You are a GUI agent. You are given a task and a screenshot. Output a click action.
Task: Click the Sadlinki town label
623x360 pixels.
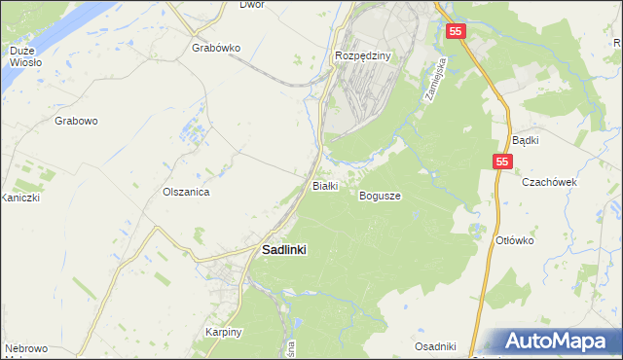[x=284, y=249]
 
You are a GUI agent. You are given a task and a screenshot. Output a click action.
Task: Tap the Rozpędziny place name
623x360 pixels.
[x=362, y=55]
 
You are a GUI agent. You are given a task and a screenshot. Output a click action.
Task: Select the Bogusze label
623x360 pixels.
[x=380, y=196]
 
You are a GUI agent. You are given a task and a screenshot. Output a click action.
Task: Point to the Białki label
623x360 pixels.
[x=323, y=185]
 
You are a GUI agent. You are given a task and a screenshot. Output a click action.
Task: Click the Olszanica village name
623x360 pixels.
[x=187, y=193]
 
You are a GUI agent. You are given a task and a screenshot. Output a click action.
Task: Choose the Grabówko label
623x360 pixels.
[x=216, y=48]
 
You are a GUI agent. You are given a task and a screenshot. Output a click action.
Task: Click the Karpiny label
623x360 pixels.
[x=223, y=332]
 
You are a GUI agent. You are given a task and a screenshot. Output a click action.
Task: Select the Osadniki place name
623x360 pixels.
[x=435, y=346]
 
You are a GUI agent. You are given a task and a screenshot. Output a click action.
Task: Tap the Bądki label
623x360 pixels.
[x=525, y=140]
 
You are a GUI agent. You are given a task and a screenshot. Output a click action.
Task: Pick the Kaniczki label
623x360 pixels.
[x=18, y=198]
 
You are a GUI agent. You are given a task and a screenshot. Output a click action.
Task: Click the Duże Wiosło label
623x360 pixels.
[x=25, y=55]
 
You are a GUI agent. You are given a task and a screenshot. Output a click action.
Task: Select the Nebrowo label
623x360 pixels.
[x=25, y=348]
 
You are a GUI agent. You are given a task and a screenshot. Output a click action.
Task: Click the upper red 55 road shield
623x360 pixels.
[x=458, y=32]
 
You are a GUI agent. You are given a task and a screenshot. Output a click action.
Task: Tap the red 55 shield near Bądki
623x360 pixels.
[x=501, y=162]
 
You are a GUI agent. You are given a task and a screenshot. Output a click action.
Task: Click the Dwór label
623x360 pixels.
[x=252, y=5]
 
